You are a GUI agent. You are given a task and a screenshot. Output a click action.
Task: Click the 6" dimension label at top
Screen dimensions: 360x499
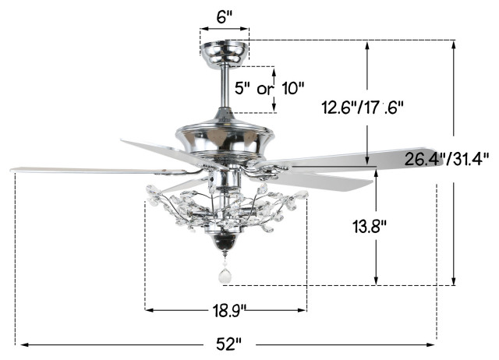tap(225, 18)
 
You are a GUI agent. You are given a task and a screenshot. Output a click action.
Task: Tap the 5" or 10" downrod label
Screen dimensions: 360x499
tap(271, 88)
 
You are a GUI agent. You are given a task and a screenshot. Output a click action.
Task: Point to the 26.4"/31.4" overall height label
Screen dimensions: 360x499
tap(447, 160)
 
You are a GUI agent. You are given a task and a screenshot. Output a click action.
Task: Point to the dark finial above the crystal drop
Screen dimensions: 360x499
tap(225, 245)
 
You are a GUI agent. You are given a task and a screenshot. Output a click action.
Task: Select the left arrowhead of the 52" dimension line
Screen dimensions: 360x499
tap(23, 343)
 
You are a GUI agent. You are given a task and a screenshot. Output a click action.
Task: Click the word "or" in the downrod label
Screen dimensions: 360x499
tap(266, 88)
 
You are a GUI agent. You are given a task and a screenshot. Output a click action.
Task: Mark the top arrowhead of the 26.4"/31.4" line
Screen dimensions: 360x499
tap(455, 44)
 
